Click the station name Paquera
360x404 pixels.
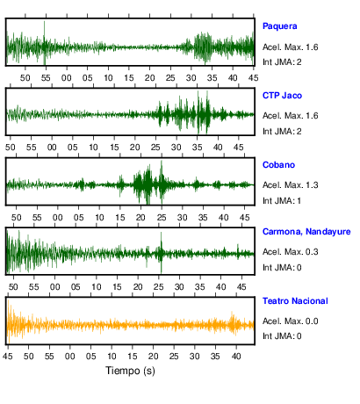coord(279,26)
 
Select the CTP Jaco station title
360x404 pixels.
coord(282,96)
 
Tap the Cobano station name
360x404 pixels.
coord(278,165)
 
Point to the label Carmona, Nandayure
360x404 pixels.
coord(306,232)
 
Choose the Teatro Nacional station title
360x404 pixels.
coord(295,301)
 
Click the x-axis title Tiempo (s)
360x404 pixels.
coord(130,371)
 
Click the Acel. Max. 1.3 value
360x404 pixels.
coord(290,185)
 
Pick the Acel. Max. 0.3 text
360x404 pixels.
coord(290,252)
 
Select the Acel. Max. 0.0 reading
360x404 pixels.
coord(290,321)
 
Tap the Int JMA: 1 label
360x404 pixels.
coord(282,201)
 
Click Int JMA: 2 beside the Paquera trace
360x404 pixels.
coord(282,62)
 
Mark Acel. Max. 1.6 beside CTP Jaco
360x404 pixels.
coord(290,116)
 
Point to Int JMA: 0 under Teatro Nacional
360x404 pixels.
coord(282,335)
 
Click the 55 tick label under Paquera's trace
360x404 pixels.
coord(46,78)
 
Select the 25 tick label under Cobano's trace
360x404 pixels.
coord(162,218)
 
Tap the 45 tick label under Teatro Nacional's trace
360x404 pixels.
coord(8,357)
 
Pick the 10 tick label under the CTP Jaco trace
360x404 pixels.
coord(93,148)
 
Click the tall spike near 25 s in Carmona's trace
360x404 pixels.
coord(161,252)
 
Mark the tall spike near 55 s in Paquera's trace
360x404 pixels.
coord(45,43)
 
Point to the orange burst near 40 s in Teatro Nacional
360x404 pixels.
coord(233,323)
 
